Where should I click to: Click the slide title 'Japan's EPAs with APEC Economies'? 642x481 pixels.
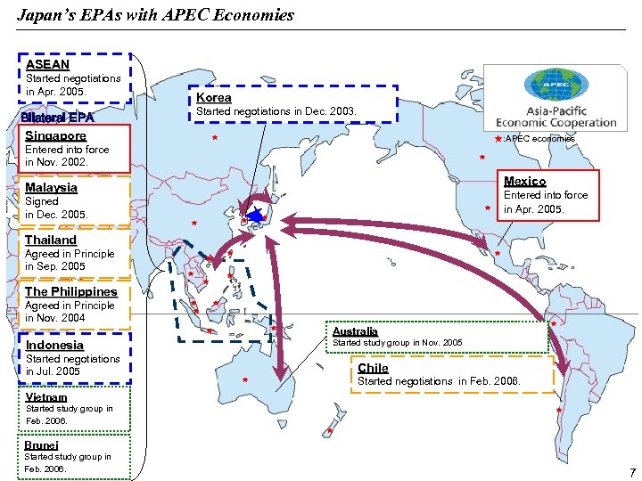(155, 15)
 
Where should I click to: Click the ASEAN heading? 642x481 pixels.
(47, 64)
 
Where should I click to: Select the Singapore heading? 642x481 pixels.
(55, 135)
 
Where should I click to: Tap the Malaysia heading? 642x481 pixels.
(51, 187)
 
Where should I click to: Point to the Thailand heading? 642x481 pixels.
(51, 240)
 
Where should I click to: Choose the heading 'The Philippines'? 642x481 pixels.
(70, 291)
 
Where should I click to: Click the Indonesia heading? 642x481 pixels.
(54, 345)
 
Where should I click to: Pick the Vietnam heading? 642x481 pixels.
(46, 397)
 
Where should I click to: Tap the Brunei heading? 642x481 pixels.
(41, 444)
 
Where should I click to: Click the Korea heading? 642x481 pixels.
(213, 97)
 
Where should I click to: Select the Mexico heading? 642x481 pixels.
(525, 181)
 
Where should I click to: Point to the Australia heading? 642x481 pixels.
(355, 331)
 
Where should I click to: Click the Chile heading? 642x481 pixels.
(373, 368)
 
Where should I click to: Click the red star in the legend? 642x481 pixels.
(498, 139)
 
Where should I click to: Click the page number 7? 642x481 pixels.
(631, 471)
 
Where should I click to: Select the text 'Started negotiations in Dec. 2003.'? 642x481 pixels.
(276, 111)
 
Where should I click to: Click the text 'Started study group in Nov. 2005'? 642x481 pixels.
(397, 343)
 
